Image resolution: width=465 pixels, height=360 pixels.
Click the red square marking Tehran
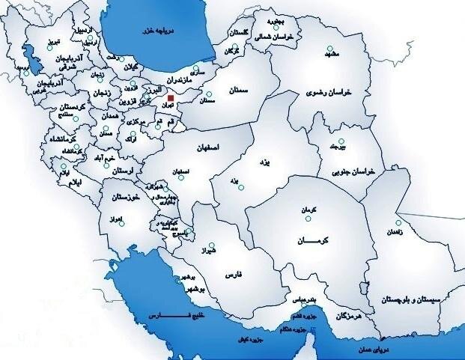click(x=171, y=98)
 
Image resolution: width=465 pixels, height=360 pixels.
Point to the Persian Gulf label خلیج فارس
click(x=177, y=317)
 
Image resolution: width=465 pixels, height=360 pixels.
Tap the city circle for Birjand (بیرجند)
click(x=340, y=141)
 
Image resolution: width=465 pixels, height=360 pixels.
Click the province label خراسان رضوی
click(x=327, y=94)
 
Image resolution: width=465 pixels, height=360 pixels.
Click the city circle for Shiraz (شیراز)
click(x=213, y=245)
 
